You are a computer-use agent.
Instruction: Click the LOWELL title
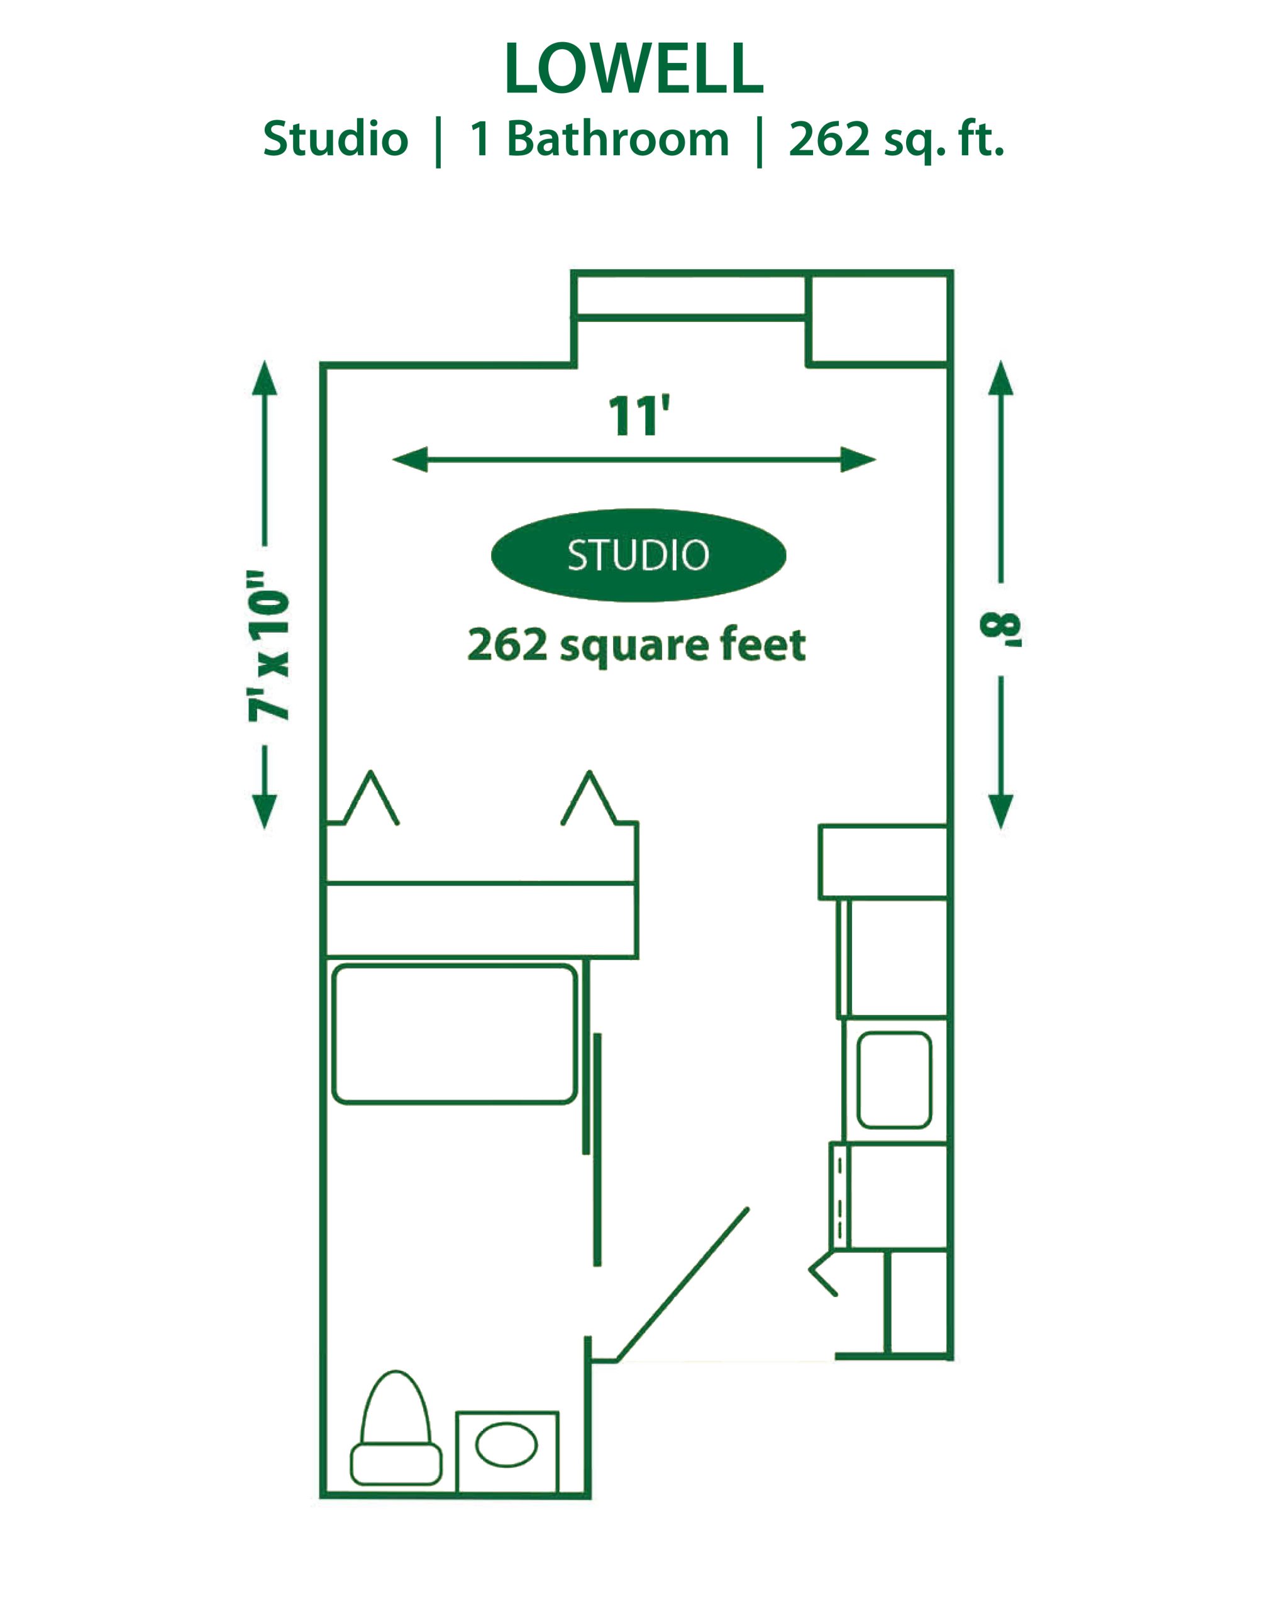pyautogui.click(x=634, y=69)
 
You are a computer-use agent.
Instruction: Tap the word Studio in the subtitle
pyautogui.click(x=335, y=140)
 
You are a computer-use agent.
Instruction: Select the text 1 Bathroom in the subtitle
pyautogui.click(x=599, y=140)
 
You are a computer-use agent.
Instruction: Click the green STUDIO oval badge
pyautogui.click(x=638, y=555)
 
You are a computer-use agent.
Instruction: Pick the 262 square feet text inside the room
pyautogui.click(x=636, y=645)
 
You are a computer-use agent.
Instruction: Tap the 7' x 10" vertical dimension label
pyautogui.click(x=268, y=645)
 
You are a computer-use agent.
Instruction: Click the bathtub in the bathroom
pyautogui.click(x=455, y=1033)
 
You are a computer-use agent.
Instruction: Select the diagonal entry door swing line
pyautogui.click(x=682, y=1284)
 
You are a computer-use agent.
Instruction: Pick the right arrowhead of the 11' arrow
pyautogui.click(x=859, y=460)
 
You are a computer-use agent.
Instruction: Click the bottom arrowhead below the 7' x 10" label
pyautogui.click(x=264, y=812)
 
